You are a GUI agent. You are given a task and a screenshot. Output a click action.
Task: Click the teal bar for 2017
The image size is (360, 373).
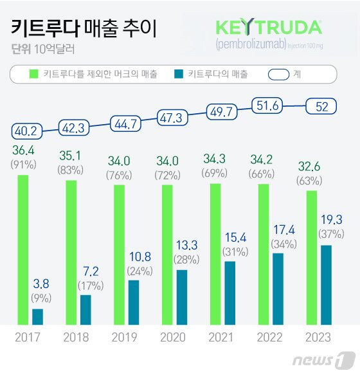coord(38,316)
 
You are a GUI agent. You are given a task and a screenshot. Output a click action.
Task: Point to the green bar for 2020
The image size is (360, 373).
coord(167,255)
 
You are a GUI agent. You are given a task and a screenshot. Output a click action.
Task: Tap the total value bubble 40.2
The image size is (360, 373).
coord(25,131)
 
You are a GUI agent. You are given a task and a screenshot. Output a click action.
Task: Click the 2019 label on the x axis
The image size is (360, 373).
coord(124,337)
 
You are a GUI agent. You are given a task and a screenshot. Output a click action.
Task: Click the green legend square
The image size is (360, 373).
coord(35,75)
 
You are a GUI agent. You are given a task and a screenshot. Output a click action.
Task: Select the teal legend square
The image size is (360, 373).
coord(179,75)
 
